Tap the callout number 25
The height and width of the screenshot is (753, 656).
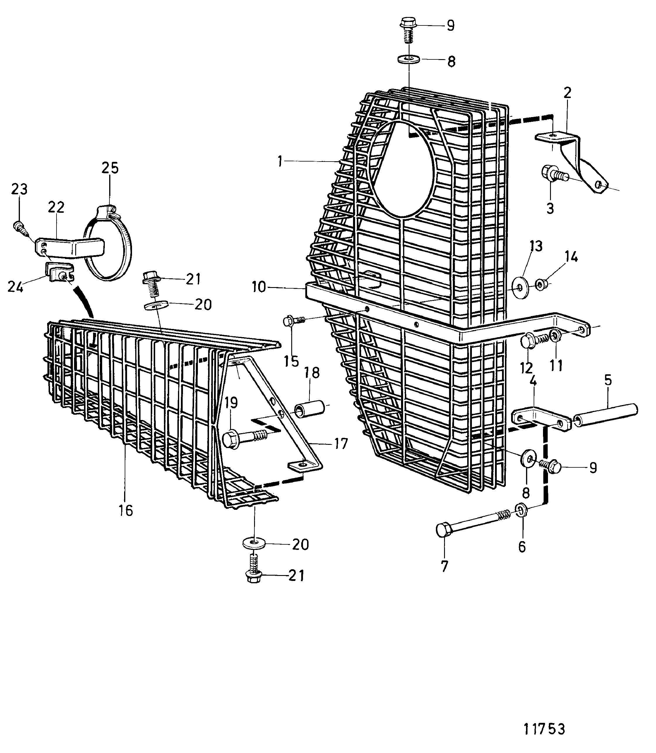(110, 168)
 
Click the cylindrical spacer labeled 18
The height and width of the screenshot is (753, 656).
(310, 409)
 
